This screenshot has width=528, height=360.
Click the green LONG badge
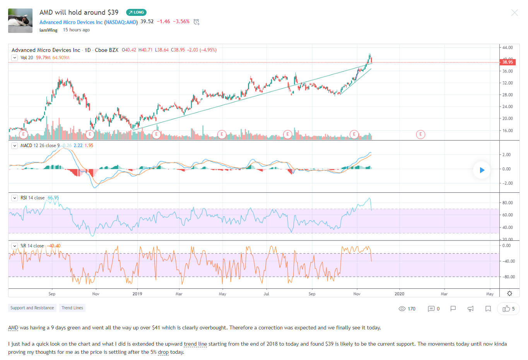click(x=136, y=12)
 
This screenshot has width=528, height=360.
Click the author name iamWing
click(x=48, y=30)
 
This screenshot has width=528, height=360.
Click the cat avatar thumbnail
click(x=21, y=21)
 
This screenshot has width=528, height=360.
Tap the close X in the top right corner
click(x=514, y=13)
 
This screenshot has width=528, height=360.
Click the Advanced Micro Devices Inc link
click(x=71, y=22)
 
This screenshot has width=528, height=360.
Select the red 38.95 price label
click(x=507, y=62)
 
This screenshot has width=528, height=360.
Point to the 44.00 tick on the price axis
click(x=507, y=48)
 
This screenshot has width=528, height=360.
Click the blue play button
click(x=482, y=170)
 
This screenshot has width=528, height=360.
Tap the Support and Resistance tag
click(x=32, y=308)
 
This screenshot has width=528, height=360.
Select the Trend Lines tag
click(x=72, y=308)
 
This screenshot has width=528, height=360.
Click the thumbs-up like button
click(x=506, y=309)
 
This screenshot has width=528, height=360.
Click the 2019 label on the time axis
click(x=137, y=294)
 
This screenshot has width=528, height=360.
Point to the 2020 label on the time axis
click(x=400, y=294)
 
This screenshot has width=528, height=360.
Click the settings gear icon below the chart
click(x=510, y=293)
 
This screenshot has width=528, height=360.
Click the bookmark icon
click(x=488, y=309)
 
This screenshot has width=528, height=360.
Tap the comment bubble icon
click(x=431, y=309)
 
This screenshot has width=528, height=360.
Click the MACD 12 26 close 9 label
click(x=40, y=146)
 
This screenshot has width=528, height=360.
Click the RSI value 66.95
click(x=53, y=198)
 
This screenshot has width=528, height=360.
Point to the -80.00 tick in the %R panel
click(x=508, y=277)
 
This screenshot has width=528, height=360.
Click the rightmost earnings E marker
click(x=420, y=134)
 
